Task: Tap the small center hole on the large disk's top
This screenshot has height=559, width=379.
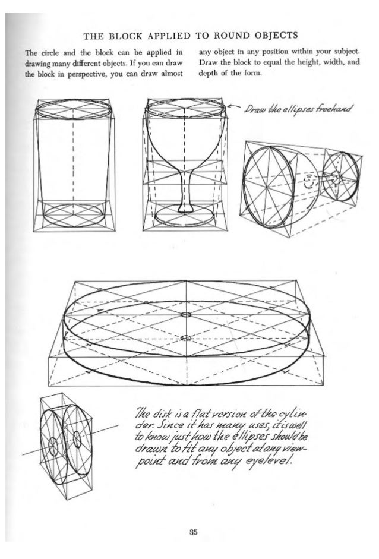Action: tap(187, 314)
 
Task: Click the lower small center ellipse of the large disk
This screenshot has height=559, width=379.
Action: tap(187, 337)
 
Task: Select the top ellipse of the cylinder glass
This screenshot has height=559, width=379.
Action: tap(72, 110)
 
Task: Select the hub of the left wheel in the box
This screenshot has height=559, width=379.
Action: tap(54, 446)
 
